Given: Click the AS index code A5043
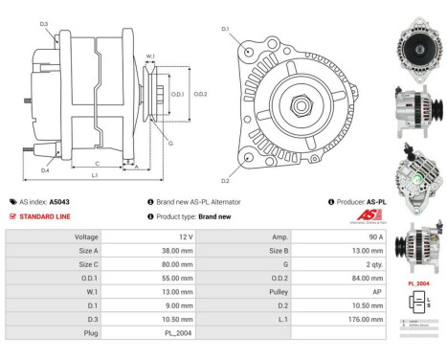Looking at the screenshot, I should (x=58, y=202).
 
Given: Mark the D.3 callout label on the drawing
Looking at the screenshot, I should (x=44, y=23).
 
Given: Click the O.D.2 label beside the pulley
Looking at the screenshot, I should (x=201, y=95).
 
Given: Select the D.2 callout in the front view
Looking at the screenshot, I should (x=226, y=180).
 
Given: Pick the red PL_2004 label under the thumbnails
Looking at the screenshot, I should (x=417, y=284).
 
